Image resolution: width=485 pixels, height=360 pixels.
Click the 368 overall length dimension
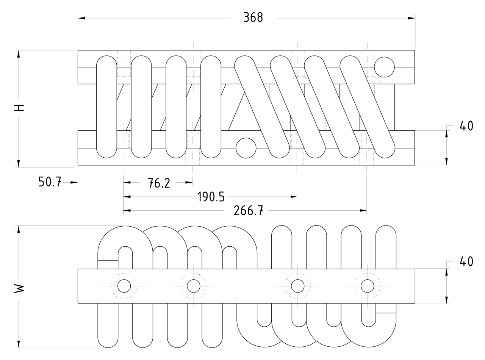(x=253, y=18)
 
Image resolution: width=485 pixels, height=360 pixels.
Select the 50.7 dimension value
(x=50, y=182)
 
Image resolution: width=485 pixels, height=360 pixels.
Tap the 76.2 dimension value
(x=158, y=183)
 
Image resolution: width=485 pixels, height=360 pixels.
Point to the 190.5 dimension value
(x=211, y=197)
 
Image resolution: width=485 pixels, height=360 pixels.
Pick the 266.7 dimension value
(x=248, y=211)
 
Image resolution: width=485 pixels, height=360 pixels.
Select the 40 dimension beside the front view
(x=466, y=126)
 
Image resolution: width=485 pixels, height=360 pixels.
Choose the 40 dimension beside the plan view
(x=466, y=262)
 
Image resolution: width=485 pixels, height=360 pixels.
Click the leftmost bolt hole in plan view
(x=124, y=286)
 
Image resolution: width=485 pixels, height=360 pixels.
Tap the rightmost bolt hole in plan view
(x=367, y=286)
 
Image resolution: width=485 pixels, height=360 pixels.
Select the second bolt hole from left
(x=193, y=286)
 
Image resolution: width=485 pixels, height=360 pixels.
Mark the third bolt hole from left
(x=297, y=286)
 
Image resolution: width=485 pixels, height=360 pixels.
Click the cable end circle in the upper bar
(x=384, y=67)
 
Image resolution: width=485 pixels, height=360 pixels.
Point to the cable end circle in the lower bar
(x=246, y=148)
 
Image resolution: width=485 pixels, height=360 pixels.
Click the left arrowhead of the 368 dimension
(x=81, y=18)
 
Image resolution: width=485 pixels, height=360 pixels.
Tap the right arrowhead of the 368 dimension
(x=411, y=18)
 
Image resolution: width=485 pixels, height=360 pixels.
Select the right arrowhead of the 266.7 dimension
(x=363, y=211)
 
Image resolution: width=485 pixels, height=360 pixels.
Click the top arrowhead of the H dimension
(x=18, y=54)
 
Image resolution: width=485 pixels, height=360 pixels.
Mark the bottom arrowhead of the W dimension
(x=18, y=344)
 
